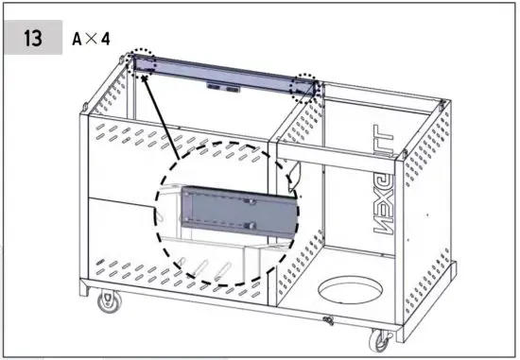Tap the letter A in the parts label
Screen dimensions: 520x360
tap(78, 40)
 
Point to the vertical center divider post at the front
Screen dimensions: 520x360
tap(273, 227)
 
